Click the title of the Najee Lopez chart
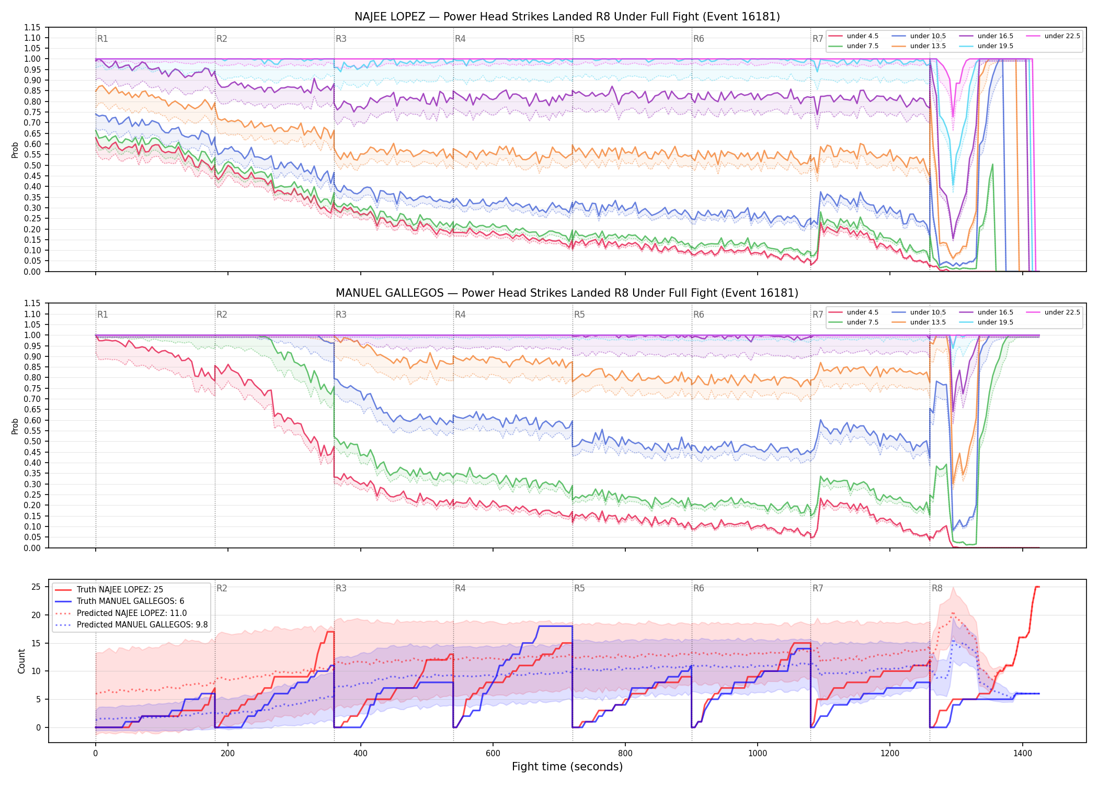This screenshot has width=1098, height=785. (567, 17)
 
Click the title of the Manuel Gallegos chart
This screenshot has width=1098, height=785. (567, 293)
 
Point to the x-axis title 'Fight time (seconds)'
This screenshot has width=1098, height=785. (567, 767)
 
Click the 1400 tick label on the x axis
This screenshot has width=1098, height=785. (1023, 754)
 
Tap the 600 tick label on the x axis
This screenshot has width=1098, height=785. (493, 754)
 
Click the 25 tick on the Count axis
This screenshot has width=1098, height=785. (36, 587)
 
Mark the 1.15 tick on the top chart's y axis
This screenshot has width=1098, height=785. (32, 27)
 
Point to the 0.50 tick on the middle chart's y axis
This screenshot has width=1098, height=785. (32, 442)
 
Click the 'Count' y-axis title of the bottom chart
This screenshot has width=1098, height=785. (21, 661)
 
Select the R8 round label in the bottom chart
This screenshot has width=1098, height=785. (937, 588)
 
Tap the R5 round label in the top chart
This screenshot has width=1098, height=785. (579, 39)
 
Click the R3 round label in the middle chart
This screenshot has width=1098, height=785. (341, 315)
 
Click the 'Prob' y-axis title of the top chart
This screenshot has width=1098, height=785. (15, 150)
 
